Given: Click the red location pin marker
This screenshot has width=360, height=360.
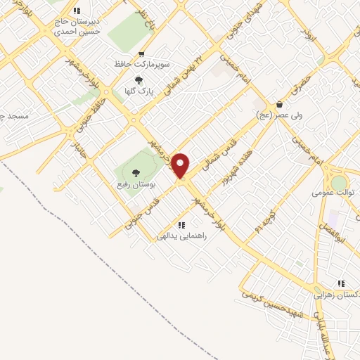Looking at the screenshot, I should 181,165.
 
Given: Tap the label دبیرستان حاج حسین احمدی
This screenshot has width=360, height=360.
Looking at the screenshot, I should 77,27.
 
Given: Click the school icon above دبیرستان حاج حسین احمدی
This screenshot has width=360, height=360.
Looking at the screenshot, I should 77,11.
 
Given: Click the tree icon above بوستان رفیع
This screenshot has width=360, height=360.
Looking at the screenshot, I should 136,172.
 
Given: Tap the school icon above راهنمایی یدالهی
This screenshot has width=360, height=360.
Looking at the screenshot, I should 181,225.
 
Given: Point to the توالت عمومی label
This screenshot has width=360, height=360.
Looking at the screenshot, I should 331,191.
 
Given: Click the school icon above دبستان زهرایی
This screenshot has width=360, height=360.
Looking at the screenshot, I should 340,283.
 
